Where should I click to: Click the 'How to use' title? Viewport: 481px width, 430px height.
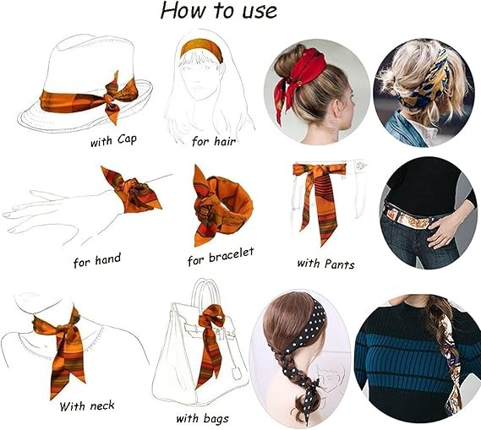[x=219, y=11]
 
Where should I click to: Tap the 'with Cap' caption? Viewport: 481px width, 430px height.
[x=113, y=141]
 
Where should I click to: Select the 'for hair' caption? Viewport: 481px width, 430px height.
[x=214, y=141]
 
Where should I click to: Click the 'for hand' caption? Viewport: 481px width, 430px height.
[x=97, y=260]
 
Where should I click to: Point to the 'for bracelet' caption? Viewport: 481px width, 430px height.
[x=221, y=257]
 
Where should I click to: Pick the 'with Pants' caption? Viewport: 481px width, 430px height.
[x=325, y=264]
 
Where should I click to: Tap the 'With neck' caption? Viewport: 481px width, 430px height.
[x=87, y=406]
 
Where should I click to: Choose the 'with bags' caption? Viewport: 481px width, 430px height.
[x=203, y=419]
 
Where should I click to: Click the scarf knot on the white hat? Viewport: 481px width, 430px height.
[x=111, y=97]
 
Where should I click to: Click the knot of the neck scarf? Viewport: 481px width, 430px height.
[x=65, y=329]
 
